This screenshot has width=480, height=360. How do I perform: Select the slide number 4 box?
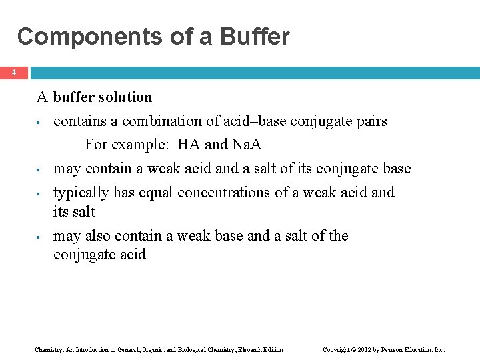point(14,73)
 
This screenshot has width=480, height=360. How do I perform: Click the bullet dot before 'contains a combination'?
point(40,123)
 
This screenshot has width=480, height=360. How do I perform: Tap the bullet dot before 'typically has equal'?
point(40,194)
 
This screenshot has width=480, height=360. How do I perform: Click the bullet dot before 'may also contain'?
point(40,237)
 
